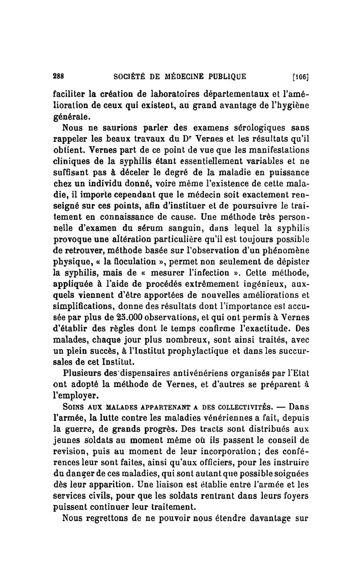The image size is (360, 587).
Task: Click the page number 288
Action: (x=58, y=77)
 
